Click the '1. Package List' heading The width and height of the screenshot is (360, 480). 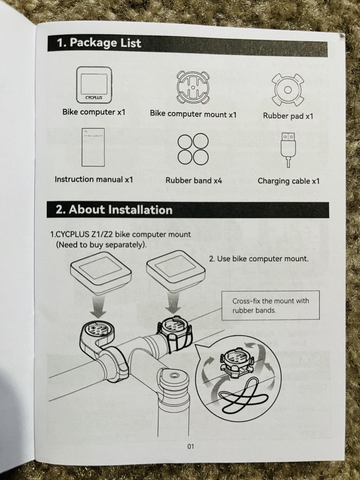coord(99,43)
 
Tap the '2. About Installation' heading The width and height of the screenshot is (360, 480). coord(114,210)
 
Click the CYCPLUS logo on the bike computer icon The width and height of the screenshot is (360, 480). coord(94,97)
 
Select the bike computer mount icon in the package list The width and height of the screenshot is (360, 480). coord(193,88)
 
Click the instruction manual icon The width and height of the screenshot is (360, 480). coord(93,147)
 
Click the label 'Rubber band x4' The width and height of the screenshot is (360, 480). coord(194,181)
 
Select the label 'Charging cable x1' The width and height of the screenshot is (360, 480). coord(289,181)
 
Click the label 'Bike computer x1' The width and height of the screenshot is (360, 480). coord(94,112)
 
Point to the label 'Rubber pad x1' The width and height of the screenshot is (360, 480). coord(288,116)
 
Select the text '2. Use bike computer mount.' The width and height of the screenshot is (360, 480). coord(259,259)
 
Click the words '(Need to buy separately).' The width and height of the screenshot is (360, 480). coord(101,245)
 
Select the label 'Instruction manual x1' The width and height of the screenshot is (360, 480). coord(94,179)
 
